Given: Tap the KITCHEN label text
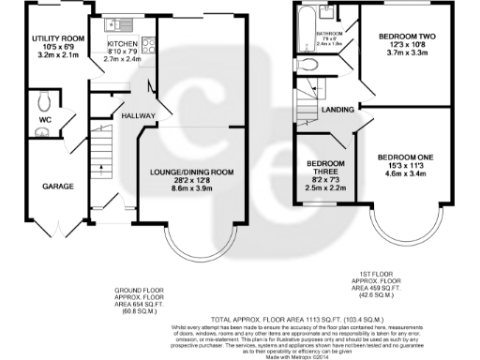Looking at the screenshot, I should (x=122, y=44).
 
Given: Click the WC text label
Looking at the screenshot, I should (x=43, y=119).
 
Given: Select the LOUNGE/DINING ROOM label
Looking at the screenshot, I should (x=192, y=172).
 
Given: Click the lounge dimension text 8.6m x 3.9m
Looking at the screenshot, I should (x=192, y=189).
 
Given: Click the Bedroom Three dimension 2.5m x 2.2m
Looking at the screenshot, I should (x=324, y=187).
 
